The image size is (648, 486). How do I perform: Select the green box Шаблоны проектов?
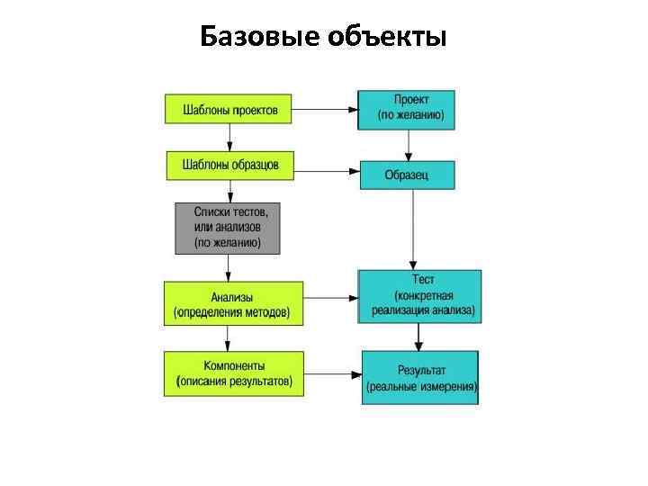pos(229,110)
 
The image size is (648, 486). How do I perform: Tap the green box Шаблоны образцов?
pos(229,165)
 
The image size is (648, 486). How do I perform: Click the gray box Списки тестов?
pos(227,229)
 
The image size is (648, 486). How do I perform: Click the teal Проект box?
pos(407,109)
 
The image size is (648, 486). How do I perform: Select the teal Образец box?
pos(407,175)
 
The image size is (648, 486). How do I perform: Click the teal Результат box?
pos(420,377)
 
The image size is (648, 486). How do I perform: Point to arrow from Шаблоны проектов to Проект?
pos(326,110)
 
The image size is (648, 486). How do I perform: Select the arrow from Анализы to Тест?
pos(330,297)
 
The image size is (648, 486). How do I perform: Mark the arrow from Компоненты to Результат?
pos(332,373)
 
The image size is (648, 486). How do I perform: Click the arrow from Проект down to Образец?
pos(409,144)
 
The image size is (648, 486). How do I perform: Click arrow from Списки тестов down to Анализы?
pos(228,267)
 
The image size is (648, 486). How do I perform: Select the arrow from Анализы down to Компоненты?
pos(228,337)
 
